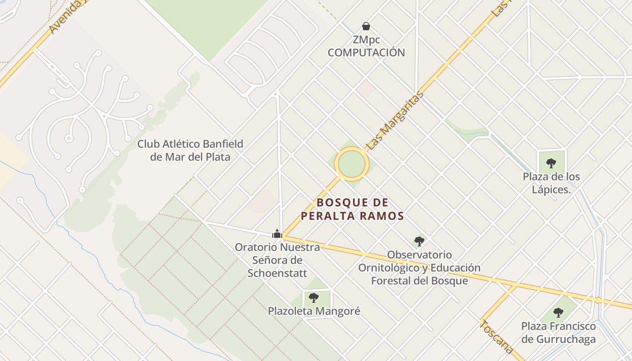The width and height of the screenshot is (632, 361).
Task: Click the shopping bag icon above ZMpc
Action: point(366,26)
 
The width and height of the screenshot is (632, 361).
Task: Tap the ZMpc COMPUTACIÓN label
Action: point(366,46)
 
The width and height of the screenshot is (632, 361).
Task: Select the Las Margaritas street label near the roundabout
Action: point(395,120)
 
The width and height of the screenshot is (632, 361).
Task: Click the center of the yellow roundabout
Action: point(352,164)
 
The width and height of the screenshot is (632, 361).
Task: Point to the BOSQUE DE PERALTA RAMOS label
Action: point(352,209)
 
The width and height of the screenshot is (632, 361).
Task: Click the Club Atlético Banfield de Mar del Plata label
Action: point(190,150)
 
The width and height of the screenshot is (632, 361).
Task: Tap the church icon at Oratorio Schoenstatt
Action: point(277,234)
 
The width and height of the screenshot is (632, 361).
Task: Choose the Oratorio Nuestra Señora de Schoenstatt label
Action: point(277,260)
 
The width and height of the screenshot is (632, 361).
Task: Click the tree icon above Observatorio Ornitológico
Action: point(419,241)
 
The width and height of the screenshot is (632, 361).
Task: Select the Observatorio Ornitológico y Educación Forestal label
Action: point(419,268)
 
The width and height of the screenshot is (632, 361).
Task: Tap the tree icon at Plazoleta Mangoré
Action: point(314,297)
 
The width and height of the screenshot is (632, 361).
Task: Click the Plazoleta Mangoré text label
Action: point(314,311)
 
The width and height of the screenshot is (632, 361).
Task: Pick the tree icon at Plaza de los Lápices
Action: point(551,163)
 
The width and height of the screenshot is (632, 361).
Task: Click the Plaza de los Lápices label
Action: point(551,183)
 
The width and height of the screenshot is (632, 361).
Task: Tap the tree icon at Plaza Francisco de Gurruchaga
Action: point(558,312)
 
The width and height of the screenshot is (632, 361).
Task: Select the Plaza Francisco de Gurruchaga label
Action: point(558,333)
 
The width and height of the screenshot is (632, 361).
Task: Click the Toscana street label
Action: point(497,337)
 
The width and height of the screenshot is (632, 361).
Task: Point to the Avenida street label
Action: point(66,17)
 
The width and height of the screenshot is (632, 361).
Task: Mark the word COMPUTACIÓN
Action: point(366,52)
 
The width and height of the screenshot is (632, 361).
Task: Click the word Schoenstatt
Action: point(277,273)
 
